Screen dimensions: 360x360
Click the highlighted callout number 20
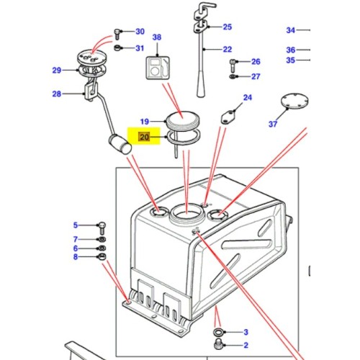click(x=144, y=135)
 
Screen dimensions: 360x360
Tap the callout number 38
click(x=157, y=37)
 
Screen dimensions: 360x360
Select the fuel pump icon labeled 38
click(x=157, y=68)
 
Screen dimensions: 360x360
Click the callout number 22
click(x=227, y=50)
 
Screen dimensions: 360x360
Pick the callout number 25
click(x=227, y=27)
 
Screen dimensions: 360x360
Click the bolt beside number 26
click(x=233, y=62)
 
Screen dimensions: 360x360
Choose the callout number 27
click(x=255, y=76)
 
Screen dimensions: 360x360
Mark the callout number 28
click(x=58, y=94)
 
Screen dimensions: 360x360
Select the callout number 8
click(x=76, y=257)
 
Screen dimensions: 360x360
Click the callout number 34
click(x=290, y=31)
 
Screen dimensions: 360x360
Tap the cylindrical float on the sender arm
click(x=120, y=145)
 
